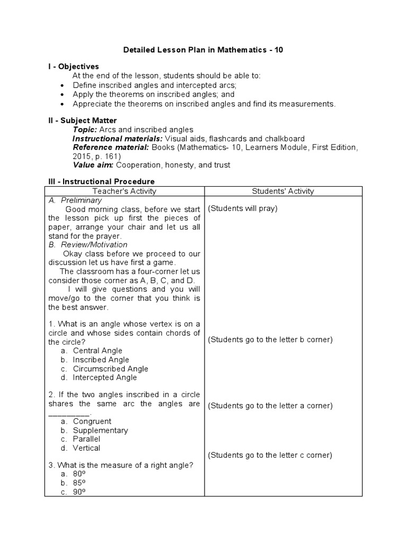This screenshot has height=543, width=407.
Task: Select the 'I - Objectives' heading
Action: tap(73, 67)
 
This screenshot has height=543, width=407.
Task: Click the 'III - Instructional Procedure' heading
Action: tap(101, 182)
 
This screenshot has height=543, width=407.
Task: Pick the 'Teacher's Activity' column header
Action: tap(125, 191)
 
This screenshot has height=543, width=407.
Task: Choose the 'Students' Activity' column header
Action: tap(282, 191)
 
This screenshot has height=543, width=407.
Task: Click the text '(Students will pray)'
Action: tap(242, 208)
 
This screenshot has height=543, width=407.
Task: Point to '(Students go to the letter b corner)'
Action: tap(270, 339)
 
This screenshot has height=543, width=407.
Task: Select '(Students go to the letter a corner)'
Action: tap(270, 406)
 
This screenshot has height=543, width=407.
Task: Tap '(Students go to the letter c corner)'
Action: tap(270, 455)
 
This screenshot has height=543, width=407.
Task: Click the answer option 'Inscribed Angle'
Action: tap(101, 360)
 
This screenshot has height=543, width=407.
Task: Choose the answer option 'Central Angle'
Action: tap(98, 351)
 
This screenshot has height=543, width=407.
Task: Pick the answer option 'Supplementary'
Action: tap(100, 431)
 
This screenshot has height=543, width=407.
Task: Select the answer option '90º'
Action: tap(79, 492)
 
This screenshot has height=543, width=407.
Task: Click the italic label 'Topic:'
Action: tap(85, 130)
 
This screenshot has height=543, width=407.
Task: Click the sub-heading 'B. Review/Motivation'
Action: tap(88, 245)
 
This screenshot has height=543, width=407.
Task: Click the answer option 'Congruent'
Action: tap(92, 422)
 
